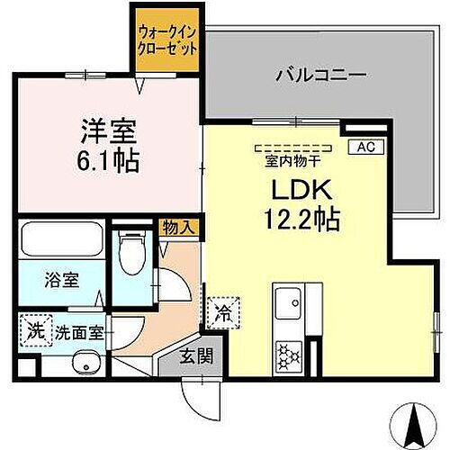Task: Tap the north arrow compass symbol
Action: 417,421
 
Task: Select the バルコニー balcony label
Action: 320,76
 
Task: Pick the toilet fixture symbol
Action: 133,252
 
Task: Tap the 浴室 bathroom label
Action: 61,279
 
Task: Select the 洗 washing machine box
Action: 35,329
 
